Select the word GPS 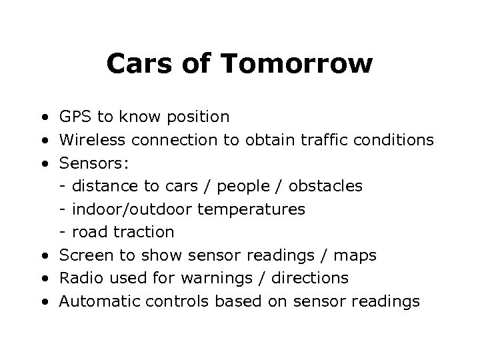click(x=76, y=117)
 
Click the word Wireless click(x=93, y=141)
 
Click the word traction click(x=142, y=232)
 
